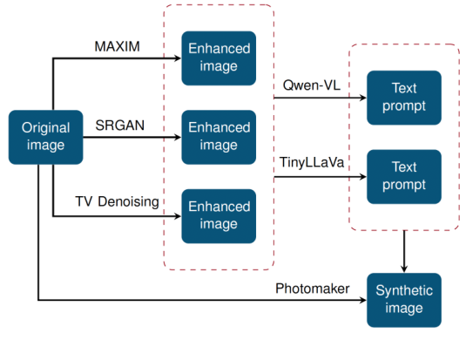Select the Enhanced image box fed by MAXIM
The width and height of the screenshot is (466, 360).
tap(219, 58)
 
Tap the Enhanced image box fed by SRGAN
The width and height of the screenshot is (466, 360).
tap(219, 138)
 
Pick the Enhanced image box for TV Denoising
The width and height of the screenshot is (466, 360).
tap(219, 216)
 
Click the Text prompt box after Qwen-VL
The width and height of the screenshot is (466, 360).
tap(403, 98)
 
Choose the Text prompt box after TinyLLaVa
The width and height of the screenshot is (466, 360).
tap(403, 176)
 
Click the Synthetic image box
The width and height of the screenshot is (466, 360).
tap(403, 300)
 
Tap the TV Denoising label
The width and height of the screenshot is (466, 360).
tap(118, 202)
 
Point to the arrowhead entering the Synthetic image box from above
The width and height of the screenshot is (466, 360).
tap(403, 268)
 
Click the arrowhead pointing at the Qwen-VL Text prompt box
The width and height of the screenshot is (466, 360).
tap(361, 98)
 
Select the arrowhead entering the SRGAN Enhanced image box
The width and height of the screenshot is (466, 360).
tap(177, 138)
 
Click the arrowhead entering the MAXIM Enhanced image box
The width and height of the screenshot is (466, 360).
tap(177, 58)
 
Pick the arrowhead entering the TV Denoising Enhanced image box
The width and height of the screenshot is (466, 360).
tap(177, 216)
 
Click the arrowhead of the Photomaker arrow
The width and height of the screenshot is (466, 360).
tap(361, 301)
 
